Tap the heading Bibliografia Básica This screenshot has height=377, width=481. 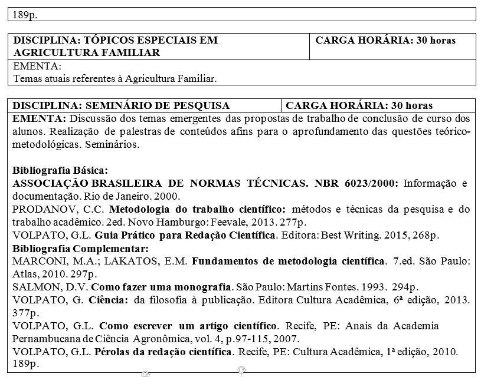60,171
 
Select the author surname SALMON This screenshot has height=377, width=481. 32,287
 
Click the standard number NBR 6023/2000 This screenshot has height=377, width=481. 354,183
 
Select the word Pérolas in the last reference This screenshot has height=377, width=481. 116,352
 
